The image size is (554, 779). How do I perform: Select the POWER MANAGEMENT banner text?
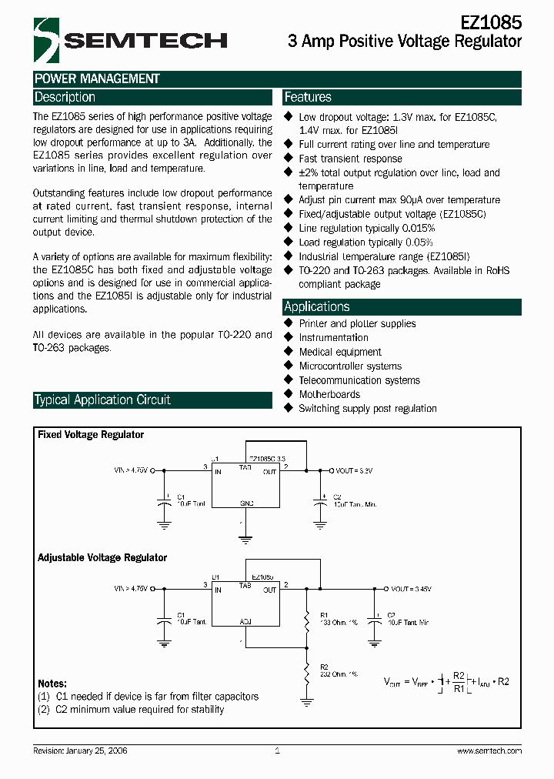point(97,79)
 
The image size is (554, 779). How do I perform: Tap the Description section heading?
point(65,97)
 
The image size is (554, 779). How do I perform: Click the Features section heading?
point(308,97)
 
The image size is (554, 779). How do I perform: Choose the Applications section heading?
point(317,306)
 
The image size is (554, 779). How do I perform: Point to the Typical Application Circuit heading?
point(102,400)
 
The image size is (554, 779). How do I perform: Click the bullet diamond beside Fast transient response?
point(289,159)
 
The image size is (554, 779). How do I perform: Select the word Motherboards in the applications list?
point(329,394)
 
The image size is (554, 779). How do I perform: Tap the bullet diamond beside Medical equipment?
point(289,352)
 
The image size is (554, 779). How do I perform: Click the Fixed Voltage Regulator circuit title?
point(91,435)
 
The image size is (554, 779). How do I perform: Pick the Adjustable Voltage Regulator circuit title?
point(102,557)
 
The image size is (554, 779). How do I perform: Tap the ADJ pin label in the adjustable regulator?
point(245,620)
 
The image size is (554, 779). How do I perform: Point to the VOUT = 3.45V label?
point(412,589)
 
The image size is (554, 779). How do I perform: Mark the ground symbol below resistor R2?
point(306,701)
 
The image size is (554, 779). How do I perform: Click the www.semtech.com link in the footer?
point(489,751)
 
